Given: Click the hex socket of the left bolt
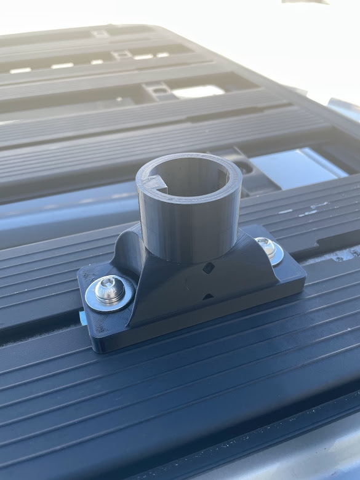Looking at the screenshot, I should pos(110,289).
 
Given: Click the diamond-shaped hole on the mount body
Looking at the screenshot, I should pos(209,268).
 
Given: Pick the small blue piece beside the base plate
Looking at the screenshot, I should pos(82,316).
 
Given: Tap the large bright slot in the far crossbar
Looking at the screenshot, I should pos(198,91).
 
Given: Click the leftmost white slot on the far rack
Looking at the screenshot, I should pos(20,70).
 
